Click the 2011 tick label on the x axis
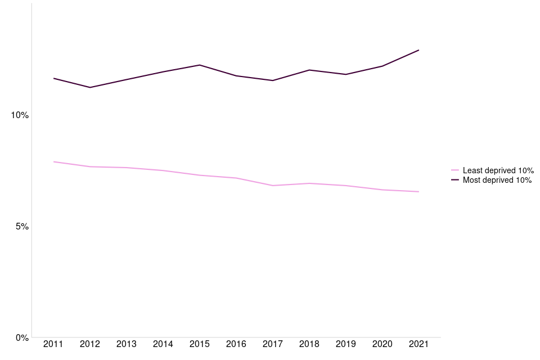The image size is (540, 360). [53, 344]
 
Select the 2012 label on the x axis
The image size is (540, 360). [89, 344]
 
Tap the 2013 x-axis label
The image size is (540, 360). [126, 344]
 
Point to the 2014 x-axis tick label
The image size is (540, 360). [163, 344]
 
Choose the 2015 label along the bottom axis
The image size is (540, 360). [199, 344]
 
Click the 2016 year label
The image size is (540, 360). [236, 344]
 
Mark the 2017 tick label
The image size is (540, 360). [272, 344]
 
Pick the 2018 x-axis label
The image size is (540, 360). [309, 344]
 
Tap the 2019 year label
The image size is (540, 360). [345, 344]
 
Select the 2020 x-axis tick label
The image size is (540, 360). [382, 344]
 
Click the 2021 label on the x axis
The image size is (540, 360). [418, 344]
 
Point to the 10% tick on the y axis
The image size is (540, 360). [20, 115]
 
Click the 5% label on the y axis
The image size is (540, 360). [22, 227]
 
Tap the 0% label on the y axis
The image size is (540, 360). [22, 337]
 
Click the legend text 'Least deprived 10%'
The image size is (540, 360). [498, 170]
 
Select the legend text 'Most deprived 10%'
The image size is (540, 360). [497, 181]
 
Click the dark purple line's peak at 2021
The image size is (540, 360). [418, 50]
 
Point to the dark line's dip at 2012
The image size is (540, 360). [89, 87]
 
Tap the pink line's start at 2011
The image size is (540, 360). [53, 162]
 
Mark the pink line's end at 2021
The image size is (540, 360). [418, 192]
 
